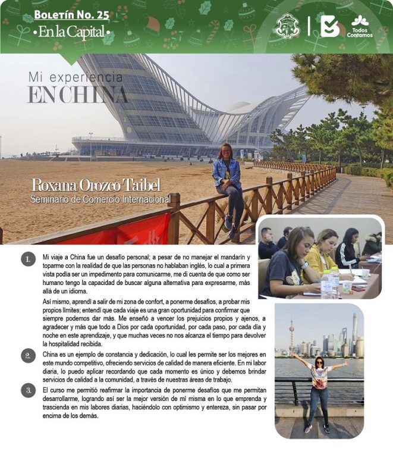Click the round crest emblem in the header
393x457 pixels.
pos(288,27)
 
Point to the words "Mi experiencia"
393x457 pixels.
pos(76,78)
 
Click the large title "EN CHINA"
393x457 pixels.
pos(77,95)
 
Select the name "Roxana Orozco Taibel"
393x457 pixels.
pos(96,185)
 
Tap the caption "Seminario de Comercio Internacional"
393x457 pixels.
pos(100,199)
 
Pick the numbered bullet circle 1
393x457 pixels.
pos(27,259)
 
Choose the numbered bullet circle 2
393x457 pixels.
pos(27,356)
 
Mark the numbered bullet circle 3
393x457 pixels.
pos(27,390)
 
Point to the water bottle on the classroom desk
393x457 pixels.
pos(326,285)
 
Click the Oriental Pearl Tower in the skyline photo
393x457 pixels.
pos(291,336)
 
